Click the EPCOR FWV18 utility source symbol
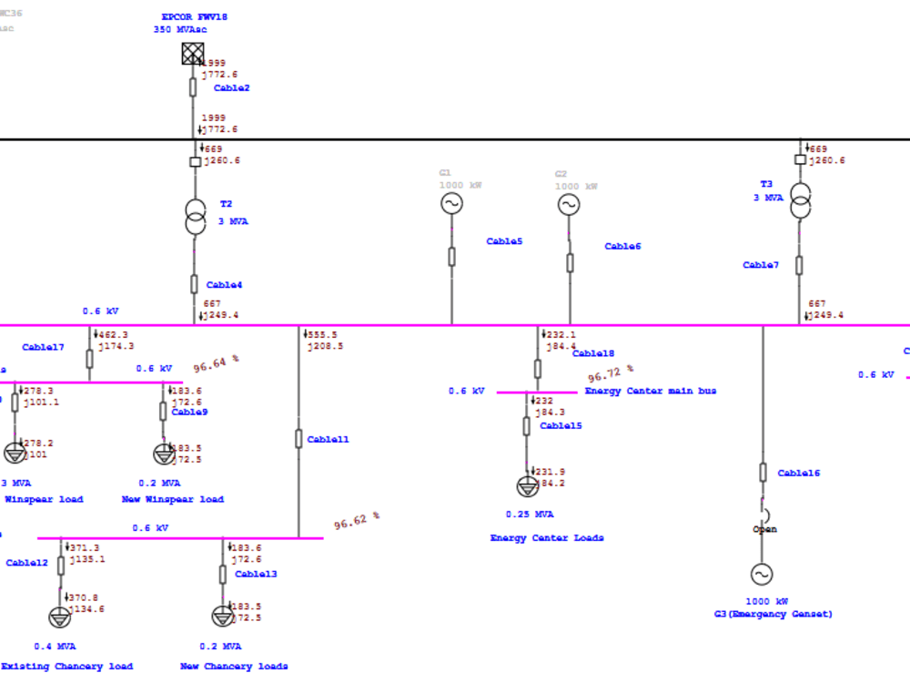193,54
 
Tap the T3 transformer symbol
800,200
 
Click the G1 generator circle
451,204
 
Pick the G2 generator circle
569,205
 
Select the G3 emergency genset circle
762,574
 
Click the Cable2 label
231,88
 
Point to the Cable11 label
328,440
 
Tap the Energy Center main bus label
650,391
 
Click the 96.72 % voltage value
611,373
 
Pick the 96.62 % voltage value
357,521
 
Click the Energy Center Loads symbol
527,485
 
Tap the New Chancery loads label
234,667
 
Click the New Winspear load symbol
163,453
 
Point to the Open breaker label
764,529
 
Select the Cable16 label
798,474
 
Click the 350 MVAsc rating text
179,29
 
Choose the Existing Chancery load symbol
60,617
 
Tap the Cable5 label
504,241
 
